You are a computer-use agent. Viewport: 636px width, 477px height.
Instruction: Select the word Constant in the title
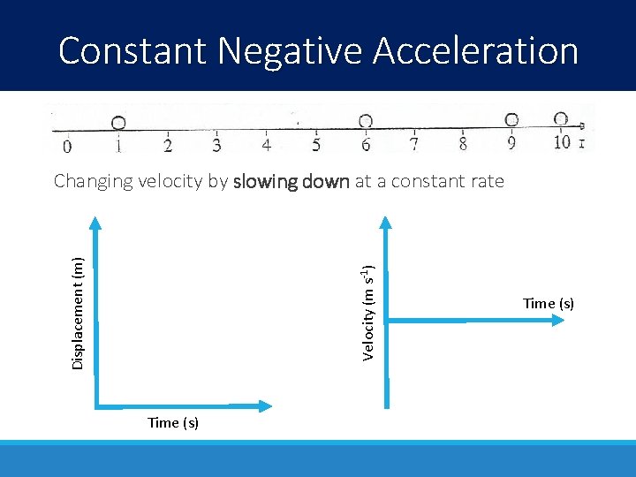pos(132,51)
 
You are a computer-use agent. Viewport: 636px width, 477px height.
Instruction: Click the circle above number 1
pos(117,123)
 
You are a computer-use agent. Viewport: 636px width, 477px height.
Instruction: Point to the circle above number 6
pos(365,121)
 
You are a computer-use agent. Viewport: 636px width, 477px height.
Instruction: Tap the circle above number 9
pos(511,119)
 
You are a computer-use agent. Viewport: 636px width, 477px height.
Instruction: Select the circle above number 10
pos(560,118)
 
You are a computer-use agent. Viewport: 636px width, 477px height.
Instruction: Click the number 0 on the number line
pos(68,144)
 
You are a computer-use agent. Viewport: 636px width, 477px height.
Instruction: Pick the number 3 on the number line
pos(216,144)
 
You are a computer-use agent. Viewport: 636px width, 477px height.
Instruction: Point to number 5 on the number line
pos(316,144)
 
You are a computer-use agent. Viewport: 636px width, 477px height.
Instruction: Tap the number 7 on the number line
pos(414,143)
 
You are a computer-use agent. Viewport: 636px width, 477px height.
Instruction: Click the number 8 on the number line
pos(463,142)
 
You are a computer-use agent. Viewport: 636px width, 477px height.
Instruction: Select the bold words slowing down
pos(291,182)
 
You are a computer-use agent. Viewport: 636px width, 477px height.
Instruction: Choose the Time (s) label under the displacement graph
pos(173,422)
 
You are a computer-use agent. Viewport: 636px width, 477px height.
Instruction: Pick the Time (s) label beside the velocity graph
pos(549,303)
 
